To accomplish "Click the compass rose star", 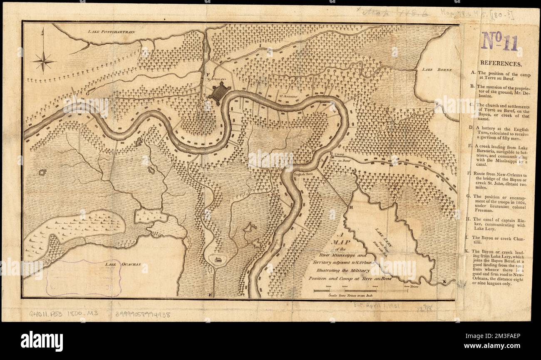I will pyautogui.click(x=43, y=62).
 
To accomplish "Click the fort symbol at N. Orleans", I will pyautogui.click(x=219, y=93).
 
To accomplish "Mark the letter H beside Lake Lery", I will pyautogui.click(x=350, y=207).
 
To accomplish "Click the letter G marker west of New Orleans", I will pyautogui.click(x=88, y=93).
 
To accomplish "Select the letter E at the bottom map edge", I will pyautogui.click(x=211, y=295).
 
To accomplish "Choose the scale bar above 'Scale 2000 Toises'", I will pyautogui.click(x=360, y=290).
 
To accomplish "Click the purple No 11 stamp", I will pyautogui.click(x=500, y=42).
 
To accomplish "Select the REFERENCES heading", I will pyautogui.click(x=501, y=64).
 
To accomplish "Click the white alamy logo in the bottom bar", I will pyautogui.click(x=42, y=341).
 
